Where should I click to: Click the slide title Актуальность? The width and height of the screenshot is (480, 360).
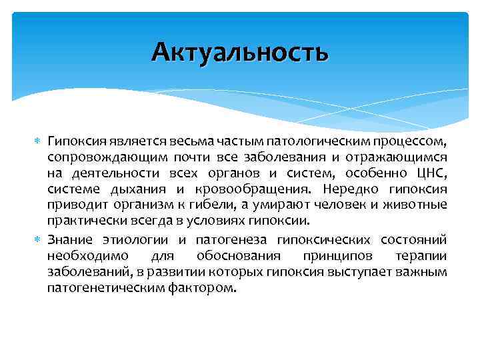(239, 52)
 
